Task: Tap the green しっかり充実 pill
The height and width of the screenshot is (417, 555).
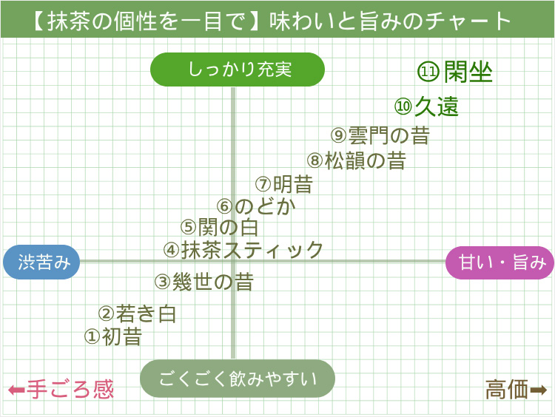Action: click(238, 70)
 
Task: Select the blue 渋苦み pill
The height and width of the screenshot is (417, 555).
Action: click(41, 262)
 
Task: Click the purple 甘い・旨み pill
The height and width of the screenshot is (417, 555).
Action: click(499, 262)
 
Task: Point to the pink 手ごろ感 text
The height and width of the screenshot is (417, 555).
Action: click(71, 390)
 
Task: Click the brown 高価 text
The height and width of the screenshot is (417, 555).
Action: click(507, 389)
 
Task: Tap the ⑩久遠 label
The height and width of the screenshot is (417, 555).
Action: click(427, 106)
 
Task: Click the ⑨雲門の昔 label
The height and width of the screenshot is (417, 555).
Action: click(380, 135)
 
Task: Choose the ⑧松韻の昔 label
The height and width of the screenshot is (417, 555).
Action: click(357, 160)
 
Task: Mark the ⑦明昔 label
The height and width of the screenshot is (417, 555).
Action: click(284, 184)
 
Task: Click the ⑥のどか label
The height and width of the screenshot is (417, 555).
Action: click(256, 206)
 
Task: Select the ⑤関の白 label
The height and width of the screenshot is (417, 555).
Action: click(219, 227)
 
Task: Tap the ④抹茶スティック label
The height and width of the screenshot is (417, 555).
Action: click(243, 250)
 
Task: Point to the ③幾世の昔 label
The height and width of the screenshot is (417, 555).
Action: click(204, 282)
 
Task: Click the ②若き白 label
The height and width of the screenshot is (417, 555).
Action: click(138, 313)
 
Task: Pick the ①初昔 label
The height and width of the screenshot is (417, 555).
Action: click(113, 336)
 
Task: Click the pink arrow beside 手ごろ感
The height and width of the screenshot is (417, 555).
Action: click(16, 390)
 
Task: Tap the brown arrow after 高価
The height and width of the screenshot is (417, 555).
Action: click(539, 389)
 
